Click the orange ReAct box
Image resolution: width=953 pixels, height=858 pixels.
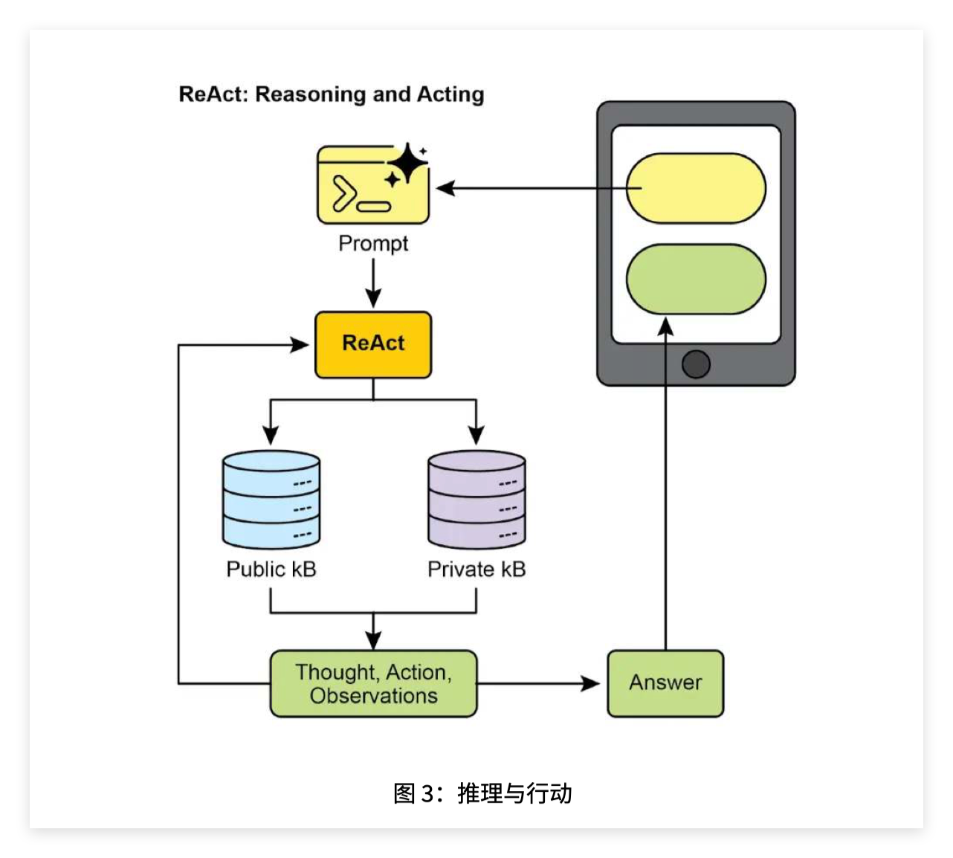tap(373, 345)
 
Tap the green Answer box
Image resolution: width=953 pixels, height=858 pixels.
tap(665, 683)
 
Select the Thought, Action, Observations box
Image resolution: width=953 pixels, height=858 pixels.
tap(373, 683)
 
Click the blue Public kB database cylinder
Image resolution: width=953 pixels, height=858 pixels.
tap(271, 500)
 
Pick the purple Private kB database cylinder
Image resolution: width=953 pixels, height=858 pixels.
tap(476, 500)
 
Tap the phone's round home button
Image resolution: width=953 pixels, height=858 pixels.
tap(696, 364)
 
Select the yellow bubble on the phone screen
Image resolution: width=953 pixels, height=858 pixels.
tap(696, 188)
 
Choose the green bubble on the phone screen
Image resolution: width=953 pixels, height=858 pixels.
tap(696, 279)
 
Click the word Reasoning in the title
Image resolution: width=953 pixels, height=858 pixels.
tap(311, 94)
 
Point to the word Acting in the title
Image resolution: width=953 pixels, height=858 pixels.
tap(450, 94)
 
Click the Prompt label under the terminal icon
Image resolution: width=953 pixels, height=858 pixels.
tap(373, 244)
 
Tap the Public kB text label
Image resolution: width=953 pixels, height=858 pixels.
tap(271, 569)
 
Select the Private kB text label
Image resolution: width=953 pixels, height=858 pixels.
tap(476, 569)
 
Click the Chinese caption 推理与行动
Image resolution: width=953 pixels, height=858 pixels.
tap(514, 793)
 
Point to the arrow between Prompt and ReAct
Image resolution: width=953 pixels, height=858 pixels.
tap(373, 283)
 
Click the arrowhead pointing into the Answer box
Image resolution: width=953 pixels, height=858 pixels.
tap(591, 683)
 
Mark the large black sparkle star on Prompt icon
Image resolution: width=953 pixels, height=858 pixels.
tap(407, 163)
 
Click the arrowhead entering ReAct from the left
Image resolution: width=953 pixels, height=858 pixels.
tap(300, 345)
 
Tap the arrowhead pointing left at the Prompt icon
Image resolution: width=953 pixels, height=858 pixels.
tap(445, 188)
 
